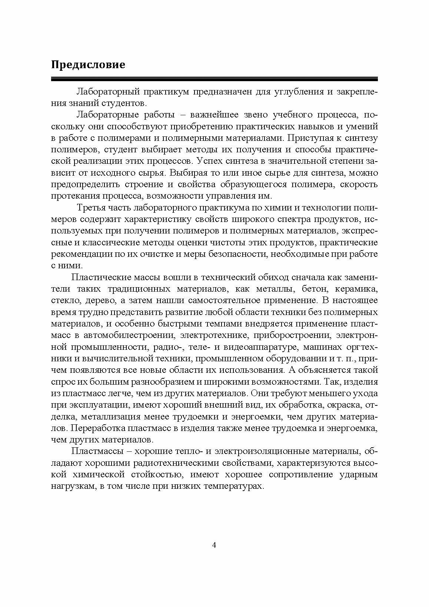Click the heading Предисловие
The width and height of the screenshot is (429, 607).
tap(88, 65)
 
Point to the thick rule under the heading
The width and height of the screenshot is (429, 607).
tap(214, 79)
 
